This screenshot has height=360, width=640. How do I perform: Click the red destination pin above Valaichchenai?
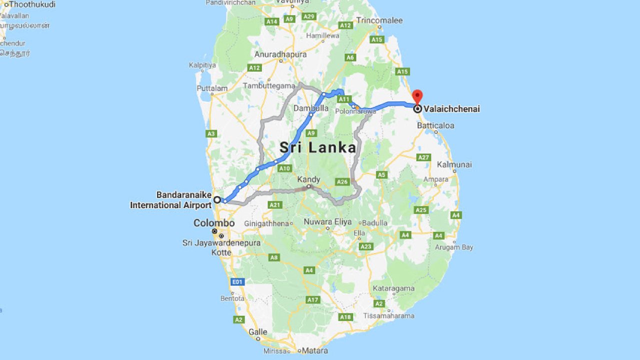[x=417, y=96]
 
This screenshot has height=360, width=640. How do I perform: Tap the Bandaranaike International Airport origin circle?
[x=217, y=199]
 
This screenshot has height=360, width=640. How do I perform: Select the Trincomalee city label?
[x=379, y=20]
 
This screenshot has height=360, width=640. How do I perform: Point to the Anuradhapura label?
[x=280, y=54]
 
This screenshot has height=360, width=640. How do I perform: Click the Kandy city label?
[x=308, y=179]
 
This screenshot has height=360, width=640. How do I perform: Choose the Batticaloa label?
[x=435, y=125]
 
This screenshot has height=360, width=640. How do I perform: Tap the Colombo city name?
[x=214, y=223]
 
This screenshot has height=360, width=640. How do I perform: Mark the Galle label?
[x=258, y=331]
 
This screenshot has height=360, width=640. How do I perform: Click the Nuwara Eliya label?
[x=327, y=222]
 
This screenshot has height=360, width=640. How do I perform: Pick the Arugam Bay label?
[x=453, y=247]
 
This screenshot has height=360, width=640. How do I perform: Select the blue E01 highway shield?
[x=237, y=282]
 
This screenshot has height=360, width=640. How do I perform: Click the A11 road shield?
[x=343, y=99]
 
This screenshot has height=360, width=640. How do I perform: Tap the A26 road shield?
[x=342, y=182]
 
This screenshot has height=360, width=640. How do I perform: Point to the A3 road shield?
[x=211, y=133]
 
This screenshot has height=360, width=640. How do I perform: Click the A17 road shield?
[x=313, y=299]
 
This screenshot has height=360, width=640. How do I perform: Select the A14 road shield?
[x=272, y=21]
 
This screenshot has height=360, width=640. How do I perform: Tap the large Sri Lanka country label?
[x=317, y=147]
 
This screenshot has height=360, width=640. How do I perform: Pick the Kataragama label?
[x=393, y=288]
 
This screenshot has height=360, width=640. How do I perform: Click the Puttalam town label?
[x=212, y=88]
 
